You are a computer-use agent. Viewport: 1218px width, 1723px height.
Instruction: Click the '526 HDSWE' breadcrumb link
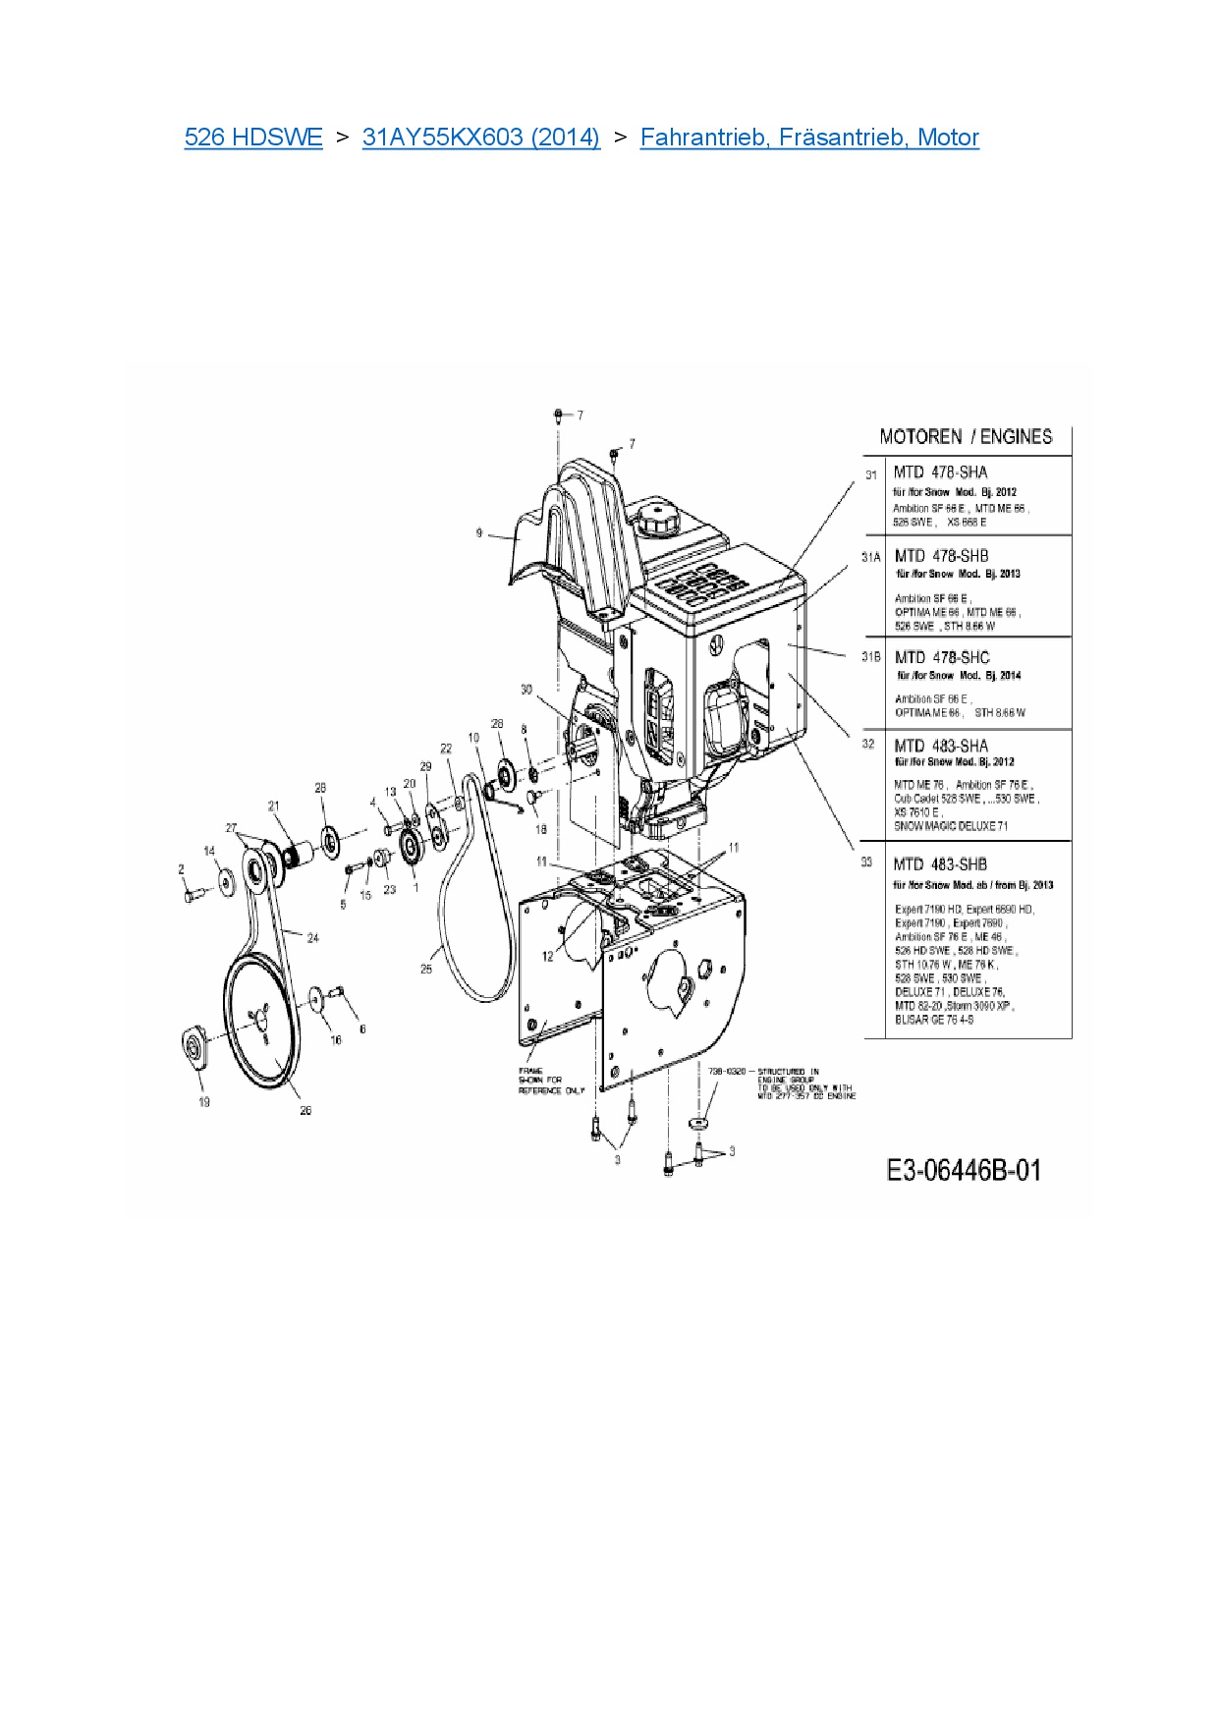point(252,137)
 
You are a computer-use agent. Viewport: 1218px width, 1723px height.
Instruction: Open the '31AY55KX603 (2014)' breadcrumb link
point(480,137)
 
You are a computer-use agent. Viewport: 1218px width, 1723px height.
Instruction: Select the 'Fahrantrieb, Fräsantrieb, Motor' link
point(808,137)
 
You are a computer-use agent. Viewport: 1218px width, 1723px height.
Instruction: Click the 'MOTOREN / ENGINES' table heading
point(965,437)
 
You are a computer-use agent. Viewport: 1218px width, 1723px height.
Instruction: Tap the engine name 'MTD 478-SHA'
point(940,472)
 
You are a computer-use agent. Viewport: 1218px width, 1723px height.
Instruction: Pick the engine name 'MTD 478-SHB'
point(941,556)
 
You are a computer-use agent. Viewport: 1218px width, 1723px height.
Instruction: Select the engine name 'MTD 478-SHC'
point(942,657)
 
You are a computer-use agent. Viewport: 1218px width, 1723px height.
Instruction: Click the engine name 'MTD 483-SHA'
point(940,746)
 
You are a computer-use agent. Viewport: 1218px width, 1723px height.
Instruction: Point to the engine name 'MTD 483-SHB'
point(940,864)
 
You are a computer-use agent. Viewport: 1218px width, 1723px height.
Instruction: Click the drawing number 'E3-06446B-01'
point(963,1170)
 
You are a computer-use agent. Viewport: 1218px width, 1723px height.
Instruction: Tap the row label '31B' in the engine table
point(870,657)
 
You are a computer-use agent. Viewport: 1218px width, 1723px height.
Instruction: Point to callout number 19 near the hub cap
point(204,1101)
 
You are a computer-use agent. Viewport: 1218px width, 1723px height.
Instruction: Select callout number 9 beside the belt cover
point(479,533)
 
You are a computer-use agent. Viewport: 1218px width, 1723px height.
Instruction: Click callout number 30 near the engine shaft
point(526,690)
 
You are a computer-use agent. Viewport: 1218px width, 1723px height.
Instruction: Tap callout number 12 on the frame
point(548,956)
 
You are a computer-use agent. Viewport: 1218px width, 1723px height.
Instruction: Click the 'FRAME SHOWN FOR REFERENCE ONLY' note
point(550,1081)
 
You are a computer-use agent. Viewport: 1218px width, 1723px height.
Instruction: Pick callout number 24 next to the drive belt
point(312,938)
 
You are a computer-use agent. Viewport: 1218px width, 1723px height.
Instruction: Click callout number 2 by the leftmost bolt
point(181,869)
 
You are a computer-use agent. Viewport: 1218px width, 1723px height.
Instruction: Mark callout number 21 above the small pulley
point(274,806)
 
